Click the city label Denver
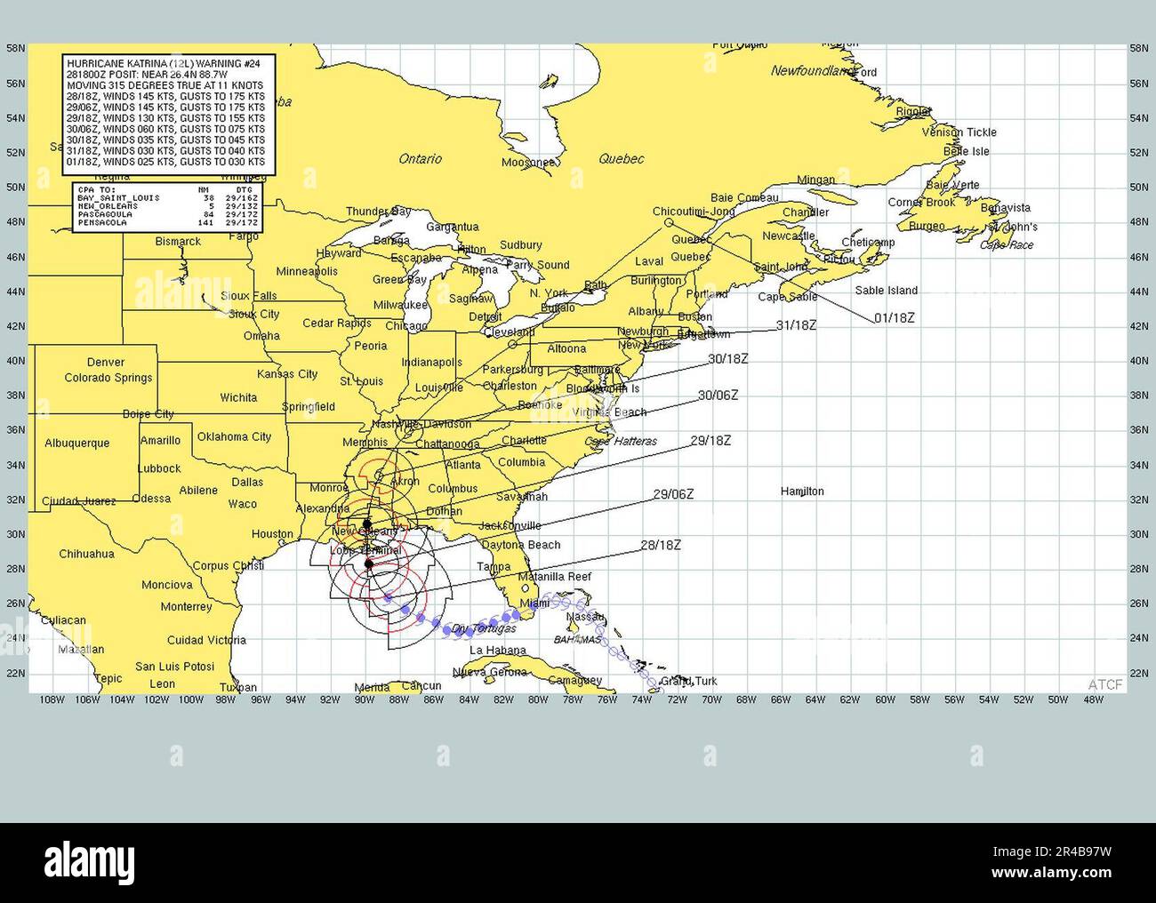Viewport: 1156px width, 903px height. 106,362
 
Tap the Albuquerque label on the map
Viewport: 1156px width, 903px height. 76,443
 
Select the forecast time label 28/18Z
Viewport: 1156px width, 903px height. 660,545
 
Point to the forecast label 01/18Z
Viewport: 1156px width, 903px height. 894,317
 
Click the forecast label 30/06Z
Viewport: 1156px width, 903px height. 718,396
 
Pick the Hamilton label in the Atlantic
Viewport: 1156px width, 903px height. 801,491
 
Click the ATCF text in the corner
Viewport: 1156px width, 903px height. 1105,683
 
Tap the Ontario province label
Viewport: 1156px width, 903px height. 420,159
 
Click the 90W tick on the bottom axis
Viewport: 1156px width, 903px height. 364,699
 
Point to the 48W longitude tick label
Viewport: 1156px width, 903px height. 1093,699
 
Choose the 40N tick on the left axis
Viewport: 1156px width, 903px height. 15,361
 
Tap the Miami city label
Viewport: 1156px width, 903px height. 534,603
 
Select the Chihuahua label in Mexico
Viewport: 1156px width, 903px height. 86,554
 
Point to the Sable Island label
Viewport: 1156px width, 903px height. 886,290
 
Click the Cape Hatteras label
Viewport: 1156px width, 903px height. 621,442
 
